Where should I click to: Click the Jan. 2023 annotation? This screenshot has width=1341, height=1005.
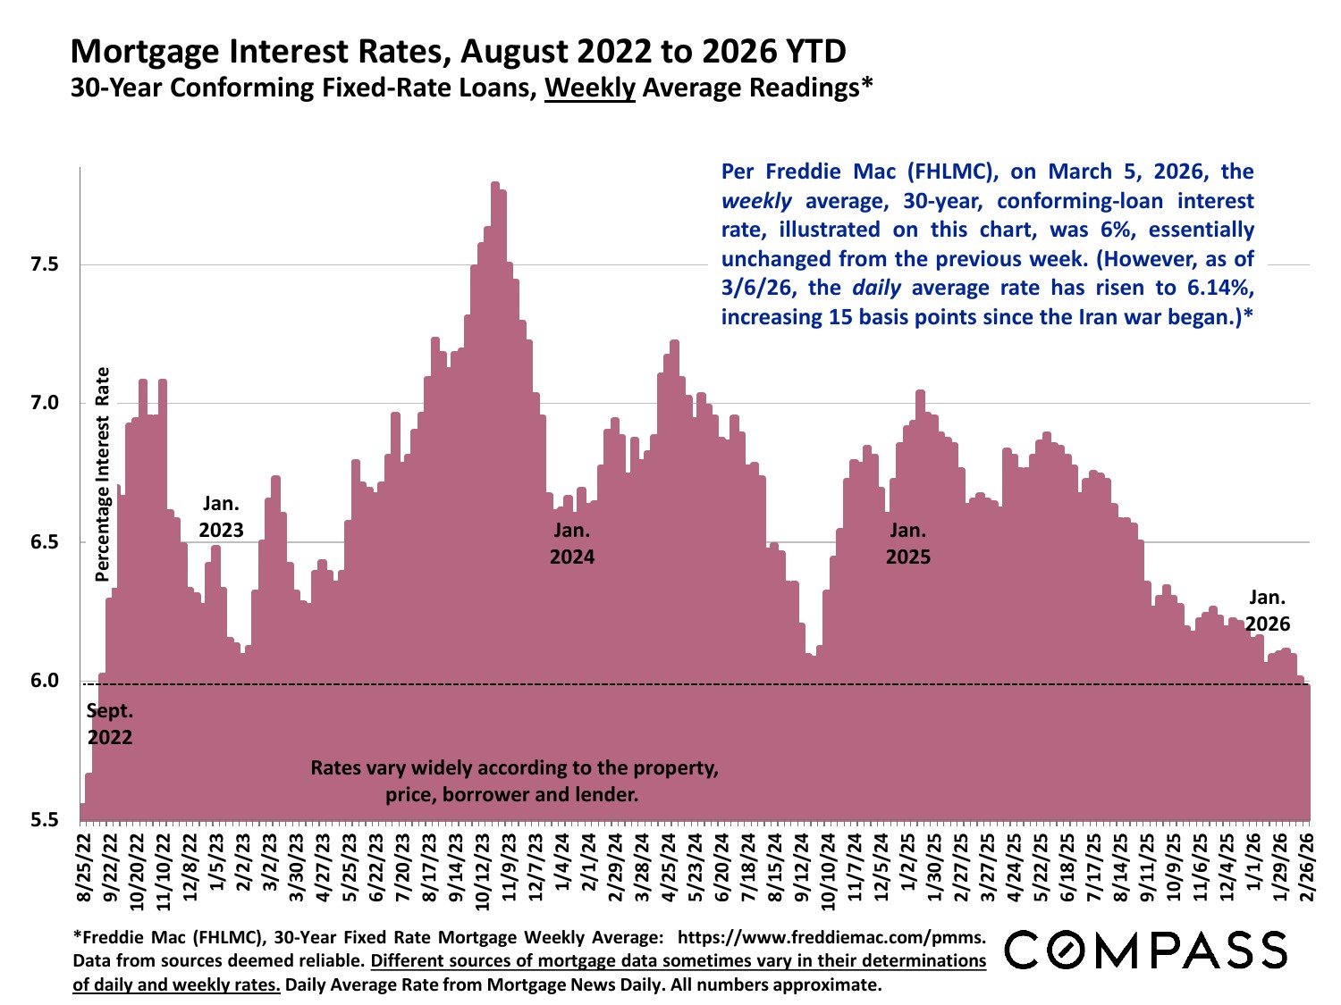(221, 516)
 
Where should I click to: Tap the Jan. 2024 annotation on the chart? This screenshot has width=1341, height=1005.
(572, 543)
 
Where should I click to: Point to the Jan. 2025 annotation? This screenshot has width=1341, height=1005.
(908, 543)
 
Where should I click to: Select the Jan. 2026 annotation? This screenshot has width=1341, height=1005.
(1268, 610)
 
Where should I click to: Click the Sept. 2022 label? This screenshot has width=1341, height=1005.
(110, 724)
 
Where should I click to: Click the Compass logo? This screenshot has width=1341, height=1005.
(1147, 951)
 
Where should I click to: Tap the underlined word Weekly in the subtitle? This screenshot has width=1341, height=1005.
(590, 88)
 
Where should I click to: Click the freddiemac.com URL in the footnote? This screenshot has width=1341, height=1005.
(831, 937)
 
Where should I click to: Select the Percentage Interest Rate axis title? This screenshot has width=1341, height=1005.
(103, 474)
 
